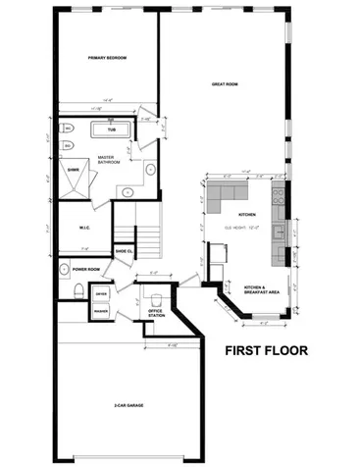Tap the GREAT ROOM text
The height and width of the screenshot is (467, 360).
click(x=226, y=84)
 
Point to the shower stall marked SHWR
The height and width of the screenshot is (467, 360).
click(x=74, y=171)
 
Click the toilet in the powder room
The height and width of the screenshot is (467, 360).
click(x=77, y=291)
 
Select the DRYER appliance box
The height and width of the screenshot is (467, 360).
click(x=101, y=292)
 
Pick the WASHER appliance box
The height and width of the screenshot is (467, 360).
click(x=101, y=311)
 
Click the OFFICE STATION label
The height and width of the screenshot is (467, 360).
click(x=155, y=314)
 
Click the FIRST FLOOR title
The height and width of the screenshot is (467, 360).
click(x=268, y=349)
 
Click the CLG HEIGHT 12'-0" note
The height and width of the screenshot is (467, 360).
click(x=242, y=230)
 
